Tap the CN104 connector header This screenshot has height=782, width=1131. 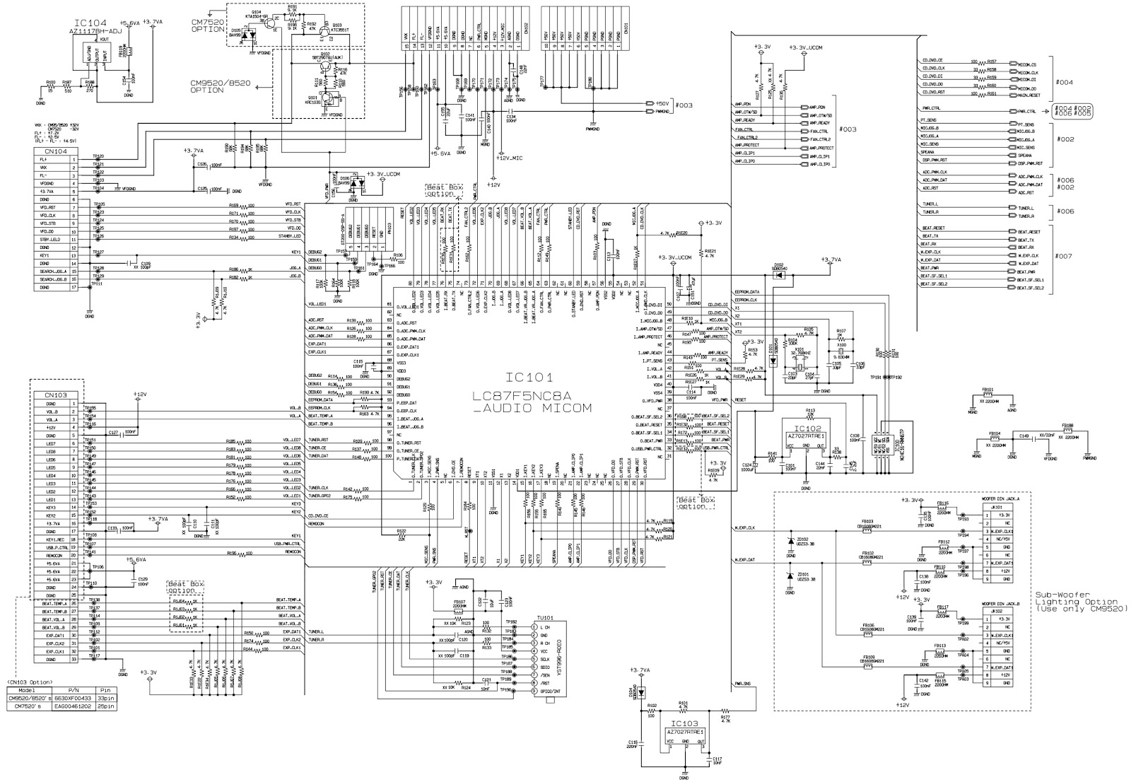point(56,151)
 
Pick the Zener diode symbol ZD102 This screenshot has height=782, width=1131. point(790,541)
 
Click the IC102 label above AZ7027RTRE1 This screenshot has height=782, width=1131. point(807,428)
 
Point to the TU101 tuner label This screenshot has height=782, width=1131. point(544,617)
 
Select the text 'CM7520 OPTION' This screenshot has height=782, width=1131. point(206,27)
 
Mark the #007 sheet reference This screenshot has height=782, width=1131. point(1064,256)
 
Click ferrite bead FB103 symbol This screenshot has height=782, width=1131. point(868,527)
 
